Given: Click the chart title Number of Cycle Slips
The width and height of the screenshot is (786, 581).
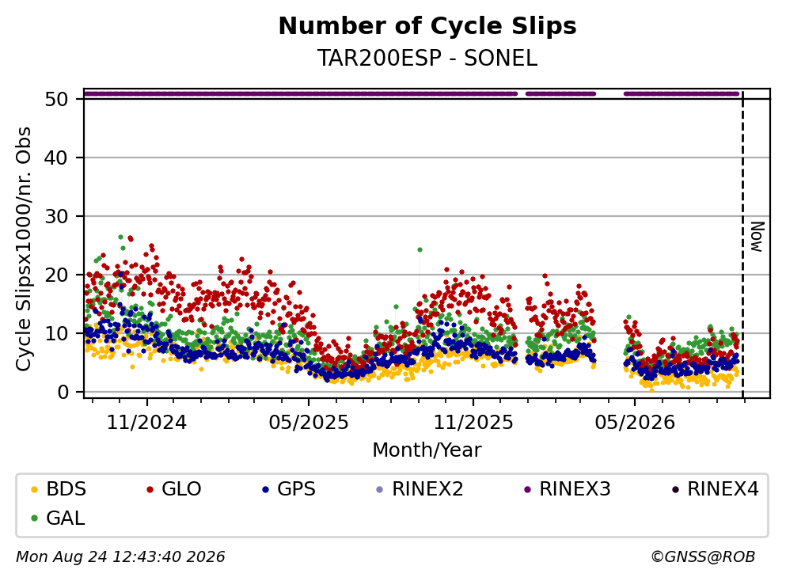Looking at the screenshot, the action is (427, 26).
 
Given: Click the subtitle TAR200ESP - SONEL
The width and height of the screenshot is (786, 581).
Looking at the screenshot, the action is (427, 59).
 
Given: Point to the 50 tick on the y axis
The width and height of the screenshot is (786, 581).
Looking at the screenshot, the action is (56, 99).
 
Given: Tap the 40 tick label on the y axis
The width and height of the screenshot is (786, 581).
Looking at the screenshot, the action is (56, 158).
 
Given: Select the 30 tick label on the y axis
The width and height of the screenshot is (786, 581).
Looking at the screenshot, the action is (56, 217).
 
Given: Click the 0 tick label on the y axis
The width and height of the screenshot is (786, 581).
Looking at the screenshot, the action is (63, 392).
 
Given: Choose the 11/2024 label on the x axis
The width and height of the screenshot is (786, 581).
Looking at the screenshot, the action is (146, 423).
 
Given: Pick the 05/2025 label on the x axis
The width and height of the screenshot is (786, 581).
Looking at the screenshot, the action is (308, 423).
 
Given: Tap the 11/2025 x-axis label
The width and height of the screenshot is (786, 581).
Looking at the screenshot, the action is (473, 423).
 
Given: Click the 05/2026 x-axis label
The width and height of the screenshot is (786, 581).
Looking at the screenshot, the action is (635, 423).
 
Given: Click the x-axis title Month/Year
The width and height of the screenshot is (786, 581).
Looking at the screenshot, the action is (427, 450).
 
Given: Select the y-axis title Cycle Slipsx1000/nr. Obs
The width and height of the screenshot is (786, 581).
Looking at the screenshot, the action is (23, 249).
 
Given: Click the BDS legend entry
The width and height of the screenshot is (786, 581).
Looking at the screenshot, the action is (59, 488).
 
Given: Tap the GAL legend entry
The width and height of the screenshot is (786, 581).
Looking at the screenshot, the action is (58, 518).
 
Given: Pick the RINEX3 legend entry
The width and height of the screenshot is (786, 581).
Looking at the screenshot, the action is (568, 488).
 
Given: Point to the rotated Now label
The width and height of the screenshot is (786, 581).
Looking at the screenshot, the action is (757, 237).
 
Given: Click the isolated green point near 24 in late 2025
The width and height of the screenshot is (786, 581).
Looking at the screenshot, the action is (420, 249).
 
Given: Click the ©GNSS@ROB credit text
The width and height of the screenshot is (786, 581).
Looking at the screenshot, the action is (703, 556).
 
